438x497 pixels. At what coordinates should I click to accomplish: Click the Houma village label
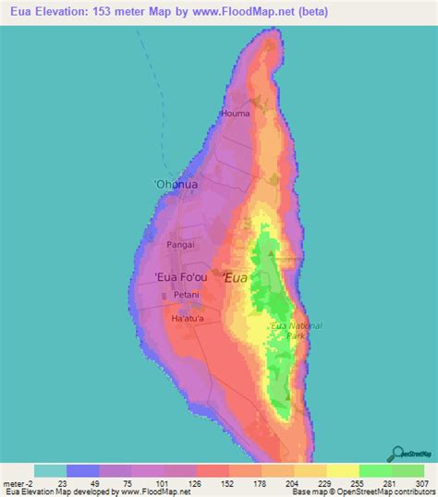235,114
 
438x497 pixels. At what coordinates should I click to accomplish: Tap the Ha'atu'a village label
189,319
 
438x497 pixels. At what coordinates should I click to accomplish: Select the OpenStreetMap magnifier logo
408,454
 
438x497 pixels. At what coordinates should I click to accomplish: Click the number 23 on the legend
65,484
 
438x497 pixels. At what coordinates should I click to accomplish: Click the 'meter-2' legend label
18,484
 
